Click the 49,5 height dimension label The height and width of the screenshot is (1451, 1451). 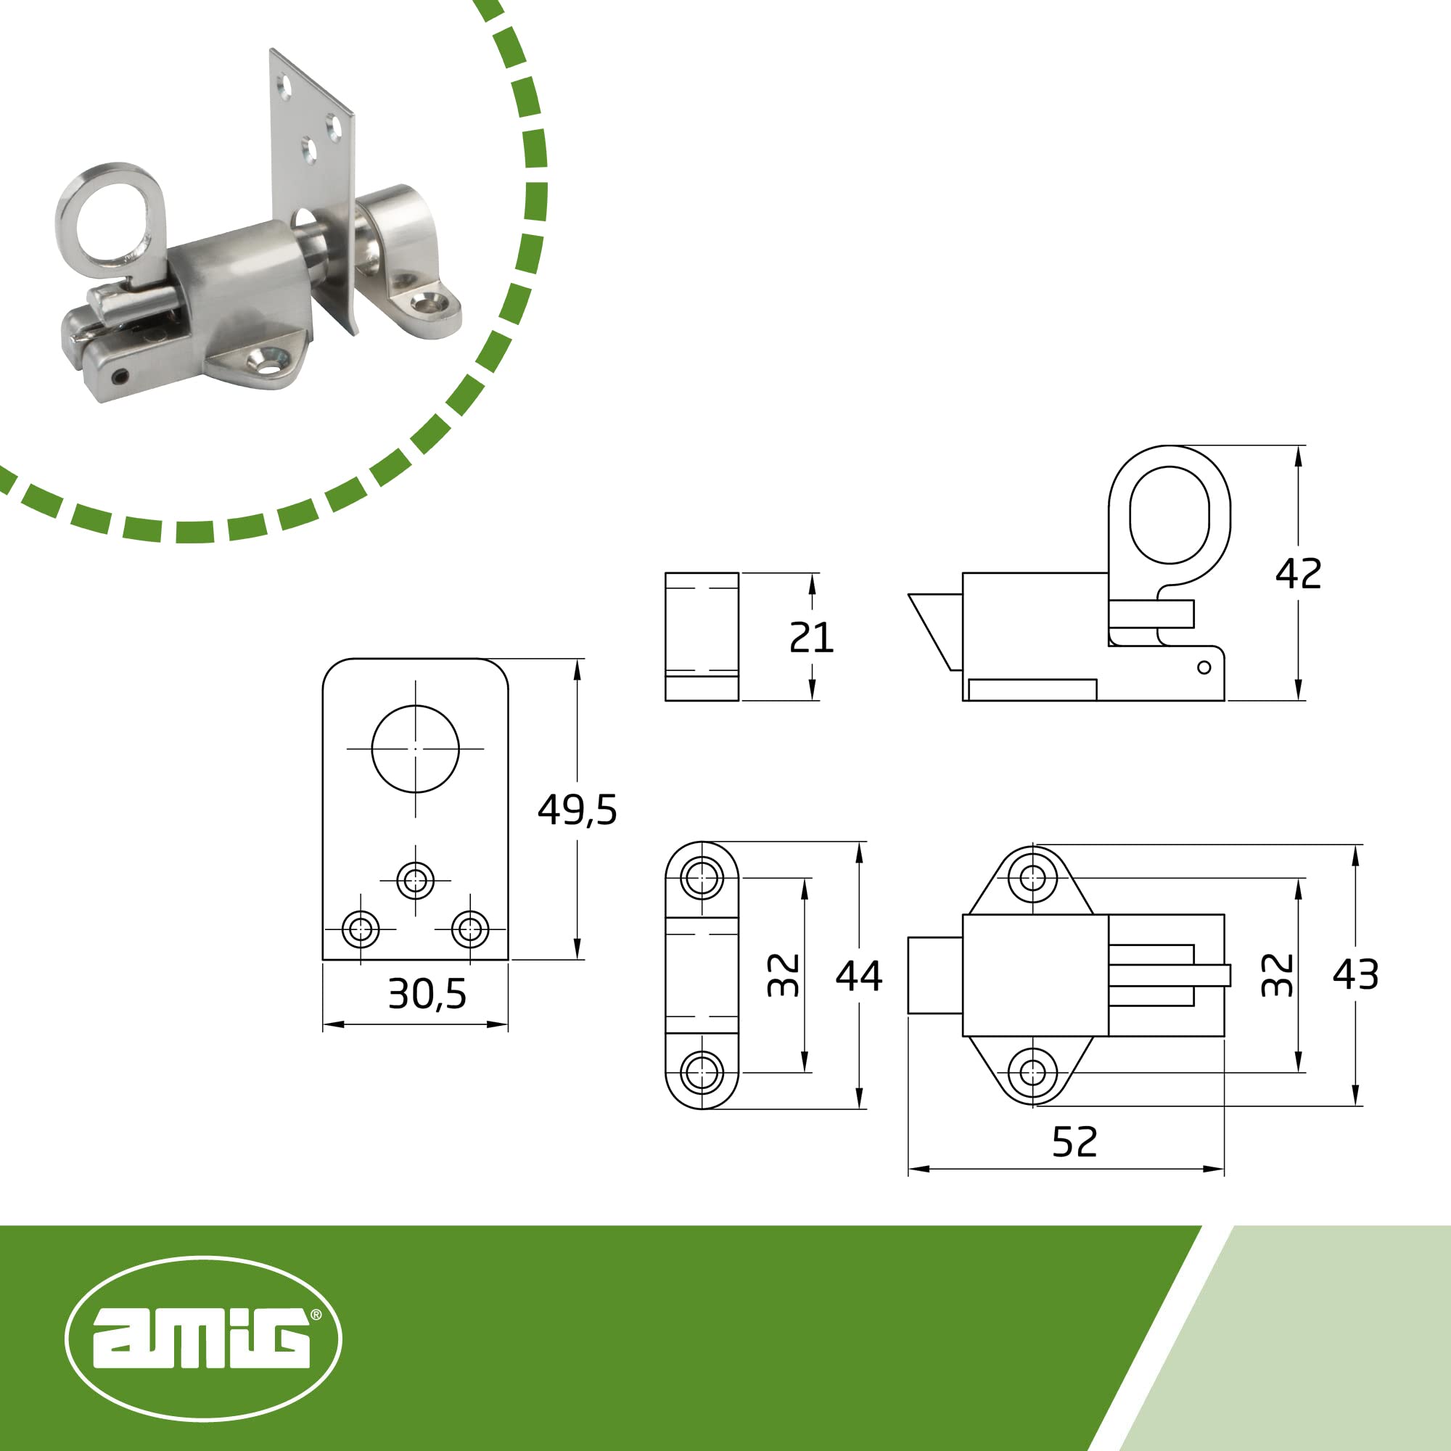[577, 810]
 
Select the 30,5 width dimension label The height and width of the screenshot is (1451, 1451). [427, 995]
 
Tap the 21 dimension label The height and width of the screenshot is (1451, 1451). [811, 638]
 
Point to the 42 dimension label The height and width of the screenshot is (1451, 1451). [1299, 574]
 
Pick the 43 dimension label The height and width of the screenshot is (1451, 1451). [1356, 975]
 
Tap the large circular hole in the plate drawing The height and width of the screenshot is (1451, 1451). [415, 749]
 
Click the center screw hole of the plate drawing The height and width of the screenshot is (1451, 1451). [415, 880]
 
